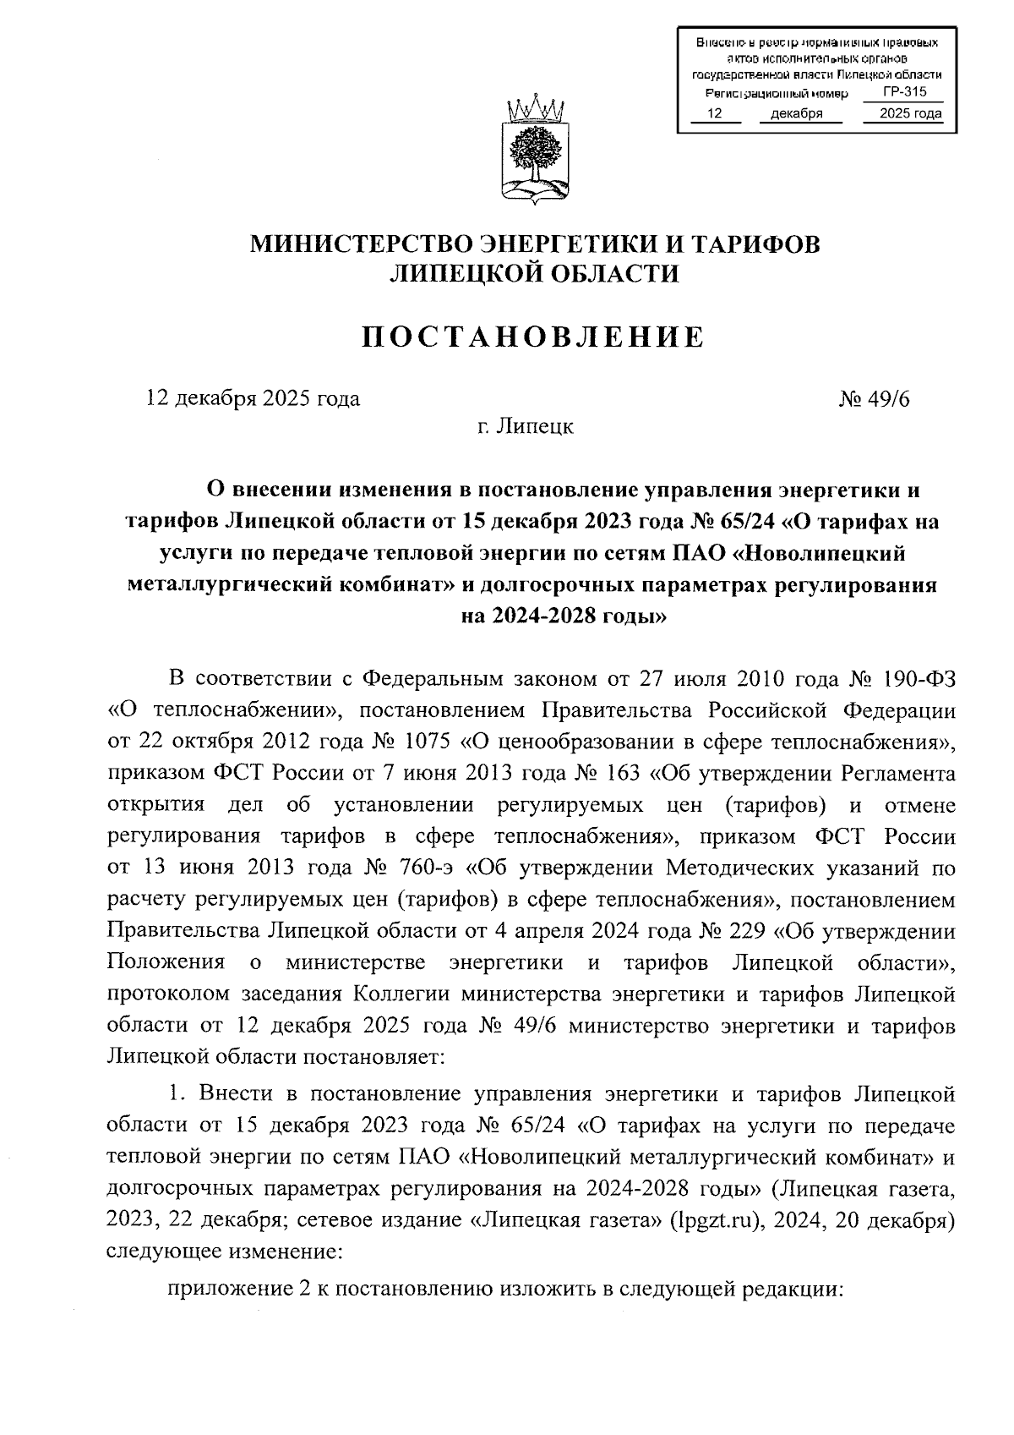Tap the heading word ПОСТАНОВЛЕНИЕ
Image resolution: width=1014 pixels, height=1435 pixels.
click(533, 337)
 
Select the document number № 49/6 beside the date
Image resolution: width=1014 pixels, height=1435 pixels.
click(874, 398)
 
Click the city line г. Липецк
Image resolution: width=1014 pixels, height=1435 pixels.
click(525, 427)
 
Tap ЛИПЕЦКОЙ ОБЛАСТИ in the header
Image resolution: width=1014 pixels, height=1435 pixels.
click(533, 273)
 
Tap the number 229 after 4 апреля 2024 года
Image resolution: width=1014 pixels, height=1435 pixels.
click(745, 931)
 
